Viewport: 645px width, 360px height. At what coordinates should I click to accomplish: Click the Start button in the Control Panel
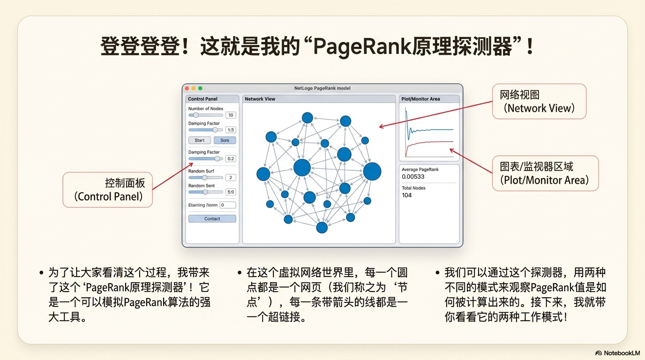click(200, 140)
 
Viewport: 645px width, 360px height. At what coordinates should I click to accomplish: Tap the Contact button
click(212, 219)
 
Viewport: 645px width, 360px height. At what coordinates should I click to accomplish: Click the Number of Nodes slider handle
click(196, 115)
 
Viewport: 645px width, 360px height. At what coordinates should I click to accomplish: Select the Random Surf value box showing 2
click(231, 178)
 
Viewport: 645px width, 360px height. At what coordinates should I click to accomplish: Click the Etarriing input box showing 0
click(228, 205)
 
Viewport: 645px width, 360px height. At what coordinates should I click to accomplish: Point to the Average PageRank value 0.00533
click(413, 177)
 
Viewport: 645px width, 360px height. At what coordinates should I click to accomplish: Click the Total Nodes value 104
click(407, 195)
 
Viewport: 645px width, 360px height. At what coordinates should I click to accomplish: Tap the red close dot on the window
click(187, 88)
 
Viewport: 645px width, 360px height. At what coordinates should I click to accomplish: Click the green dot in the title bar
click(200, 88)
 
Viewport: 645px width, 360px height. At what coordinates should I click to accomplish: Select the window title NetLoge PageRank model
click(322, 88)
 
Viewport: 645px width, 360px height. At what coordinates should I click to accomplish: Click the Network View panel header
click(260, 99)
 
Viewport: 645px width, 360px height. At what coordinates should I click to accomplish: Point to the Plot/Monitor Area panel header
click(420, 99)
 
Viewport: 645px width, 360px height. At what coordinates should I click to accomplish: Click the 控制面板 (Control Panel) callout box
click(108, 190)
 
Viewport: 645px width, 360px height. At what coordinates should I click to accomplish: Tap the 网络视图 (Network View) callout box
click(539, 102)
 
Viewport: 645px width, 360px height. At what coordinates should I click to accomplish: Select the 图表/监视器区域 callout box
click(545, 173)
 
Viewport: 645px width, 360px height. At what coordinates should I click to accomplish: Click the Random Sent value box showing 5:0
click(231, 192)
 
